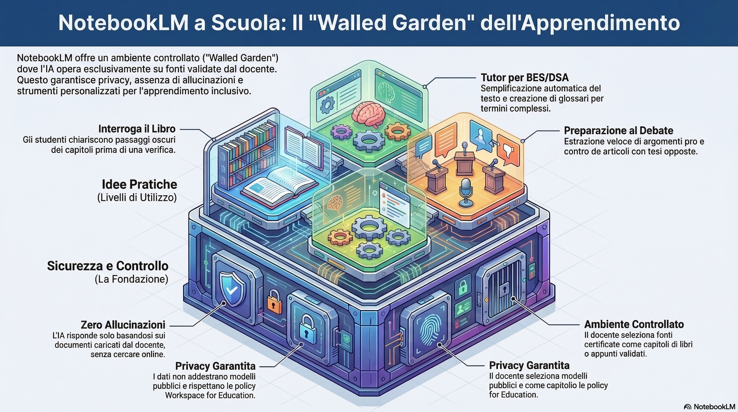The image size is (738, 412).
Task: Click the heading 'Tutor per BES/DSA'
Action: coord(525,78)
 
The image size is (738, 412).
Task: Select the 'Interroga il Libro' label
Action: coord(137,129)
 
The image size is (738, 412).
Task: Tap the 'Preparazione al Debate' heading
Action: coord(618,131)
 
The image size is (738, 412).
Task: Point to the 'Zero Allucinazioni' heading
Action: coord(123,325)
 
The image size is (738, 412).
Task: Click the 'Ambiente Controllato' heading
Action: coord(634,324)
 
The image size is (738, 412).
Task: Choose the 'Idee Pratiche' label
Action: coord(139,185)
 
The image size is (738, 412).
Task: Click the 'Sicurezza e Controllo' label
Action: coord(108,266)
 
